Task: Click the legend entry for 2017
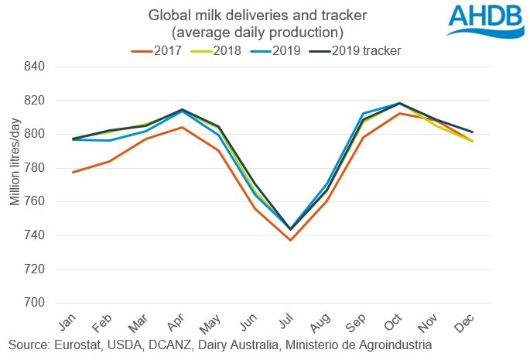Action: pyautogui.click(x=162, y=51)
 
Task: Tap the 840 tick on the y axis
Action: pyautogui.click(x=36, y=67)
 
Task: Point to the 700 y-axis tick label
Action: pyautogui.click(x=36, y=303)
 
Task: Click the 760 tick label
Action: pyautogui.click(x=36, y=201)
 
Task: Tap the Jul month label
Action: pyautogui.click(x=286, y=320)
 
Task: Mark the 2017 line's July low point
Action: pyautogui.click(x=290, y=240)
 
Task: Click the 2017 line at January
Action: pyautogui.click(x=74, y=172)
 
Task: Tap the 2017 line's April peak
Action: pyautogui.click(x=182, y=127)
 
